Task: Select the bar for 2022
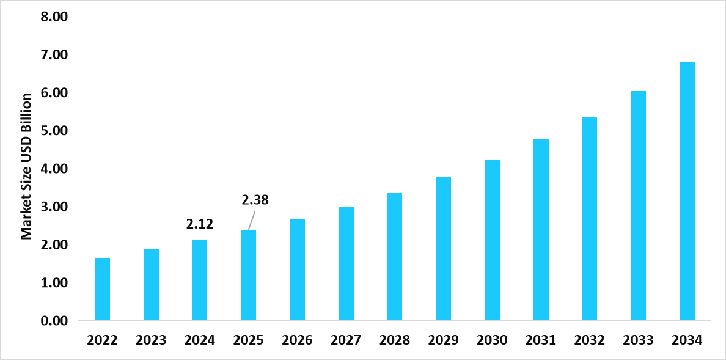pyautogui.click(x=102, y=289)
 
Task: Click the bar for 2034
pyautogui.click(x=687, y=191)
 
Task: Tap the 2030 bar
pyautogui.click(x=492, y=240)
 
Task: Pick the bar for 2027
pyautogui.click(x=346, y=263)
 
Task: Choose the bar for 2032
pyautogui.click(x=589, y=218)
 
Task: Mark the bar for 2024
pyautogui.click(x=199, y=279)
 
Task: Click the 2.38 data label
pyautogui.click(x=255, y=200)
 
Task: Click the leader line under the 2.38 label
pyautogui.click(x=251, y=219)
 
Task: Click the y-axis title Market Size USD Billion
pyautogui.click(x=26, y=166)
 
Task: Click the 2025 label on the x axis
pyautogui.click(x=248, y=340)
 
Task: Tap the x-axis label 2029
pyautogui.click(x=443, y=340)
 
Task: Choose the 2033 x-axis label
pyautogui.click(x=638, y=340)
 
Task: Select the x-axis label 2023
pyautogui.click(x=151, y=340)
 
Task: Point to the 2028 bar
pyautogui.click(x=394, y=256)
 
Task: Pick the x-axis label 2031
pyautogui.click(x=541, y=340)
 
